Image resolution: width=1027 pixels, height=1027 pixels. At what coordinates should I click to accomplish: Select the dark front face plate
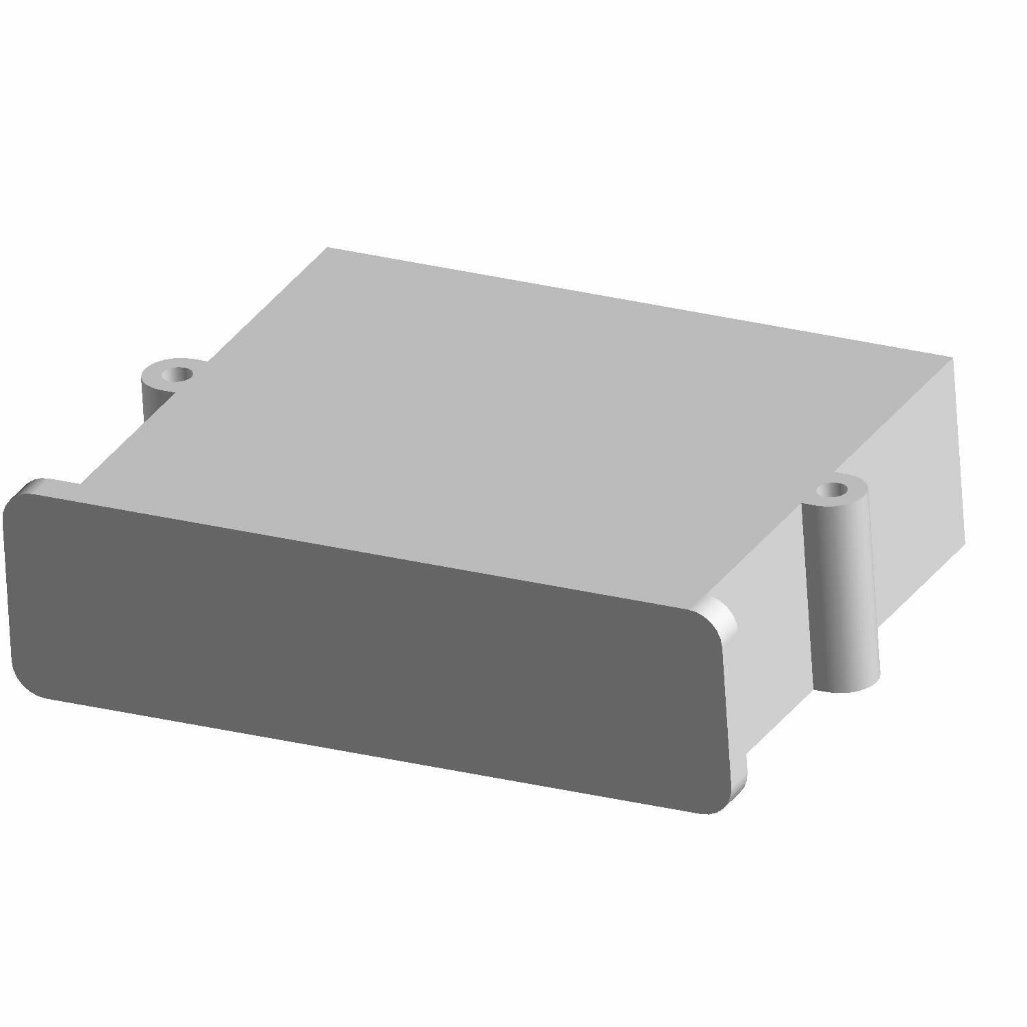[363, 644]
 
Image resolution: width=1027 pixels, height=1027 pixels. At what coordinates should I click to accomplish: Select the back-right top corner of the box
[952, 357]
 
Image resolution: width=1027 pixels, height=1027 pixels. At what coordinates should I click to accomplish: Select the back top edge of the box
[637, 302]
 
